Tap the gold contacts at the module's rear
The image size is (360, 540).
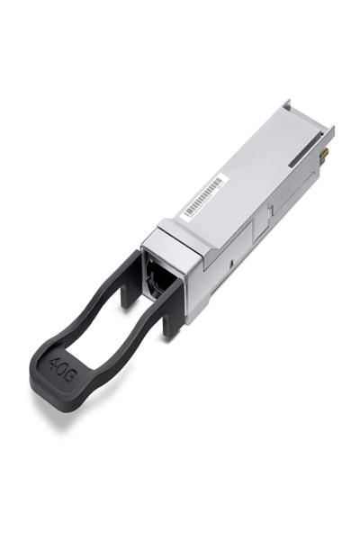(x=326, y=155)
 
